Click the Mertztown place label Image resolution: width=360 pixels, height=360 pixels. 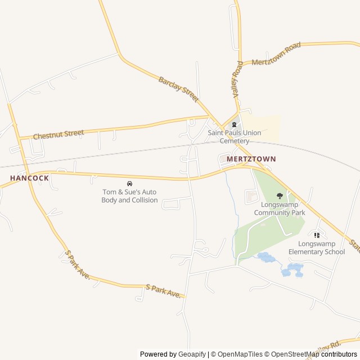[x=251, y=159]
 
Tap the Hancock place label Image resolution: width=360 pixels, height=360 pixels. [x=29, y=178]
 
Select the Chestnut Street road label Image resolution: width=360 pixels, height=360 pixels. [x=58, y=134]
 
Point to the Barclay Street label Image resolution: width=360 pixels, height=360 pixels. [x=178, y=89]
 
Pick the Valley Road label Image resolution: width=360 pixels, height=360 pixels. [x=237, y=78]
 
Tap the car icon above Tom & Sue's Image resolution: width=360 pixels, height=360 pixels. [x=130, y=183]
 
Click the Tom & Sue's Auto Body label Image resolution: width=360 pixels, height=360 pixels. [x=129, y=196]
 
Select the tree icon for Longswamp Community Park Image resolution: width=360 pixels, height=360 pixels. [x=280, y=196]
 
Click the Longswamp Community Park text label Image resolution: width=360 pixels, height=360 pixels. [x=280, y=209]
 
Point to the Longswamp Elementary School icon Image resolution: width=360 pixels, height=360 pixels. [x=317, y=235]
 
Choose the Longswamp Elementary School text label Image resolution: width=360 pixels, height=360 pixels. [x=317, y=247]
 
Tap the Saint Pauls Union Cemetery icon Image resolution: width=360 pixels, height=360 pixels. [x=234, y=124]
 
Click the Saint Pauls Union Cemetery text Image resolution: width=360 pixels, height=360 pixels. [x=234, y=137]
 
